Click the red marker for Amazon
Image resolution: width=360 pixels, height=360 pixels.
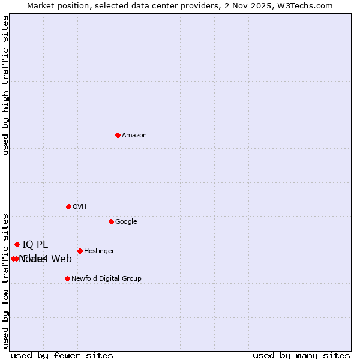(118, 135)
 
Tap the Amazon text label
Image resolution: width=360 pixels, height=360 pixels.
(134, 136)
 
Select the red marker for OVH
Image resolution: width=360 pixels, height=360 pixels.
(68, 206)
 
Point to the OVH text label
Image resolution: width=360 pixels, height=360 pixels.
(80, 207)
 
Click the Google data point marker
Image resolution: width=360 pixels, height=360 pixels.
(111, 221)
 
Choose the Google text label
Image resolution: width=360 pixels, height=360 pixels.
(126, 222)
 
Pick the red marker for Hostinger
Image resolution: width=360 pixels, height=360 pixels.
(80, 251)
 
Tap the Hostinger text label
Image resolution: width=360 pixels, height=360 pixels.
(99, 251)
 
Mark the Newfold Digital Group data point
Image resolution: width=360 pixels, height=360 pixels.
(67, 278)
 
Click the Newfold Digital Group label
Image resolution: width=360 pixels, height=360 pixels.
(106, 278)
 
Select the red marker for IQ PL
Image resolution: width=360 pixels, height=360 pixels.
(17, 244)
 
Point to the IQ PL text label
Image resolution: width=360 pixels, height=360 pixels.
(35, 244)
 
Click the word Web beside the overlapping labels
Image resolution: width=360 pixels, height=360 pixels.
(61, 259)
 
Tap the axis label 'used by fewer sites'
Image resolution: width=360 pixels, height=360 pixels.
(62, 356)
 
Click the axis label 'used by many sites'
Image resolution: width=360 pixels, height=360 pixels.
(301, 356)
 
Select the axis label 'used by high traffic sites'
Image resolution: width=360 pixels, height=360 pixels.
(5, 85)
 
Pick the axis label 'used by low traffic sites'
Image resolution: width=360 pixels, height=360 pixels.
(5, 281)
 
